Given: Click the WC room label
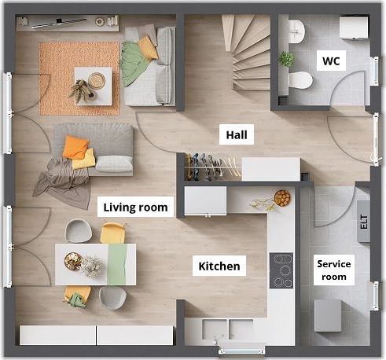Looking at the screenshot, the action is (331, 61).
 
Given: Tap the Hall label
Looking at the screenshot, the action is (237, 134).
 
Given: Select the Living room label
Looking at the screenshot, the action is (135, 207).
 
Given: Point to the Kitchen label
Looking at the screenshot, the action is (219, 266).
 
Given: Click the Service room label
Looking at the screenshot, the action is (334, 270).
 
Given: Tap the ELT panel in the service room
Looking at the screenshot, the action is (364, 222).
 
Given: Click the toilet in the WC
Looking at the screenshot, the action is (300, 80).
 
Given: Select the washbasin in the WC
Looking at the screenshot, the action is (296, 31).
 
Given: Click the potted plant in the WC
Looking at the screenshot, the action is (286, 59).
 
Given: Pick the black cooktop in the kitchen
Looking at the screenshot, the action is (281, 270).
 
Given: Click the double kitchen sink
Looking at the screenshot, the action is (227, 329).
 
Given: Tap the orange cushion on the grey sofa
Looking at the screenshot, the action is (75, 147).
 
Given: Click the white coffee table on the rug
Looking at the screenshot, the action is (94, 86).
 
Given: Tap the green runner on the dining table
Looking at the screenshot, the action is (117, 264).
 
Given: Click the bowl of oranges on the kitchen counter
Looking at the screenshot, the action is (282, 198).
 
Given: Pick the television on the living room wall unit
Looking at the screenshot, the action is (59, 23).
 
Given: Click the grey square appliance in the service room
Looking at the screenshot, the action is (328, 316).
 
